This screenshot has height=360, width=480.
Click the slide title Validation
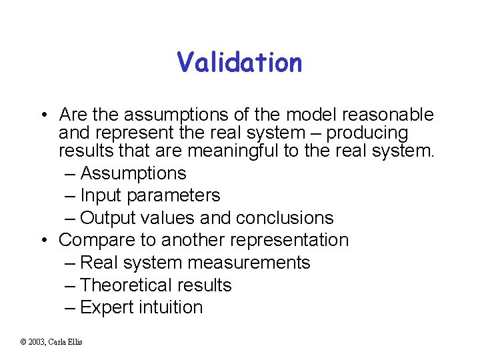(x=239, y=63)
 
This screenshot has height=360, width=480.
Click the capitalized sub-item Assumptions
(x=133, y=173)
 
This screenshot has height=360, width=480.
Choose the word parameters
(x=173, y=196)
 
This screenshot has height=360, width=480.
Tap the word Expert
(x=107, y=307)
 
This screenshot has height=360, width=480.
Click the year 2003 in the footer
(x=37, y=342)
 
